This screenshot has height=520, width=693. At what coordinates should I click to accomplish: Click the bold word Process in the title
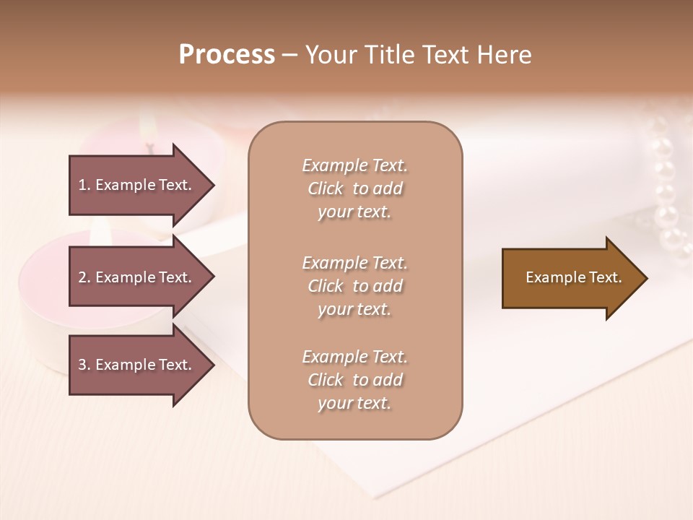coord(227,55)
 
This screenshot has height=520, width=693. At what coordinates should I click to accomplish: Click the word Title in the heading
coord(390,55)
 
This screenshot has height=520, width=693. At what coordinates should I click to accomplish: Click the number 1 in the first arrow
coord(82,185)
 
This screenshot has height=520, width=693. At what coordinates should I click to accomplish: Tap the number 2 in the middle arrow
coord(82,277)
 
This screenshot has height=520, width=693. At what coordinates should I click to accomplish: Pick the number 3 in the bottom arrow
coord(82,365)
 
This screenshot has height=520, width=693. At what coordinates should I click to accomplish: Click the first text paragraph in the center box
coord(354,188)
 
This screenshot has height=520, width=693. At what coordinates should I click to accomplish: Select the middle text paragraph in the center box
coord(354,286)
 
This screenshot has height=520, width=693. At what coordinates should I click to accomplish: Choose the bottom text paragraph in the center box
coord(354,380)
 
